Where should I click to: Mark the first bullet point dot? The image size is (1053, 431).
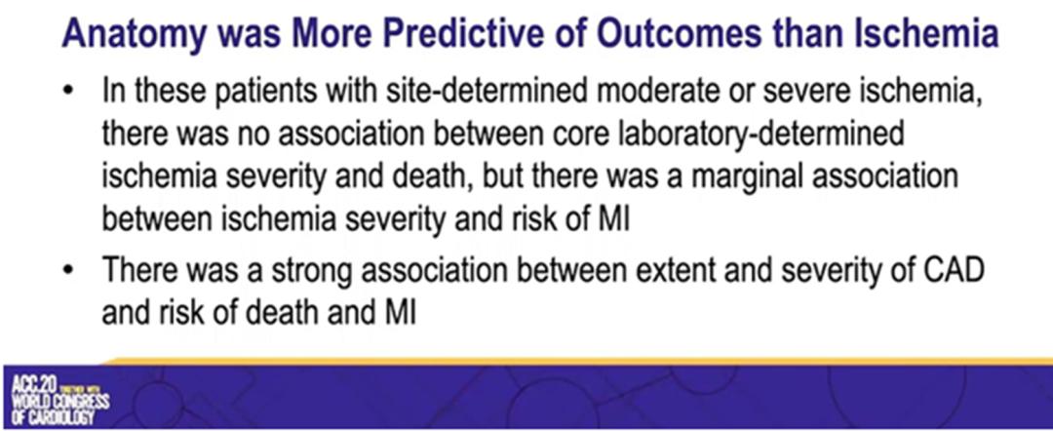[68, 94]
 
